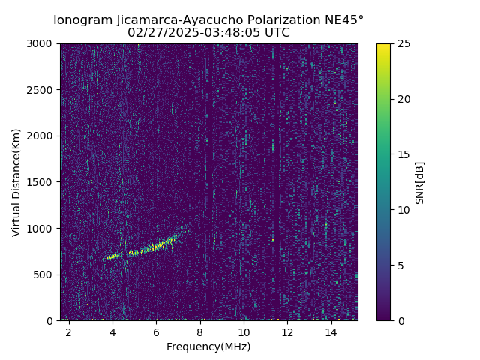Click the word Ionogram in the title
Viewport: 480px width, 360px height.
81,19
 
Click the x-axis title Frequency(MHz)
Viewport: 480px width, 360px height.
208,346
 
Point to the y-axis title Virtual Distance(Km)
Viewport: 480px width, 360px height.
16,182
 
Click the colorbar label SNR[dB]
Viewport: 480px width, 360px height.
420,182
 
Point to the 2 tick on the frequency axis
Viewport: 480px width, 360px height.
69,331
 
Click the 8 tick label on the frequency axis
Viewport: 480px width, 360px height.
200,331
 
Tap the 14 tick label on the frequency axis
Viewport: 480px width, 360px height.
331,331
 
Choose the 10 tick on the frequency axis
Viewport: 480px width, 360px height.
244,331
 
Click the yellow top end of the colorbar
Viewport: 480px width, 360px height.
383,46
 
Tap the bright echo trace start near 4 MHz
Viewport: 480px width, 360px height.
109,257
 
